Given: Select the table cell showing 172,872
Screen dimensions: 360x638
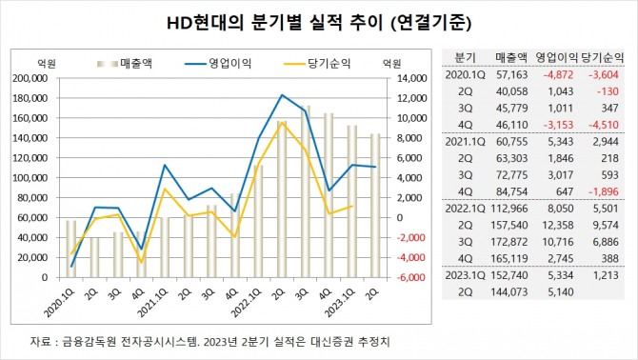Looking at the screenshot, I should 511,244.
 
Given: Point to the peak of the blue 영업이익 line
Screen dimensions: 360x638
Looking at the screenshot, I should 282,95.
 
